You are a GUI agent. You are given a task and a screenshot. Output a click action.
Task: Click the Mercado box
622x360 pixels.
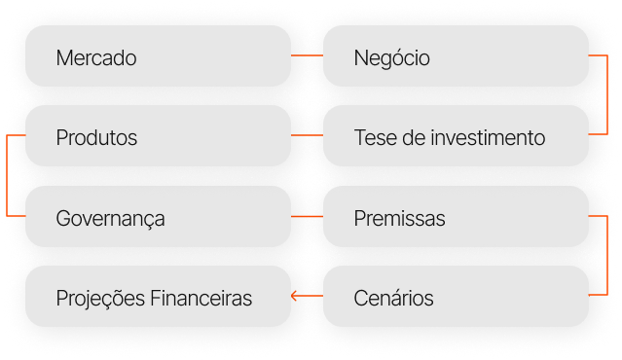click(159, 55)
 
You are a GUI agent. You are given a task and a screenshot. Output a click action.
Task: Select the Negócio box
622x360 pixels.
click(456, 55)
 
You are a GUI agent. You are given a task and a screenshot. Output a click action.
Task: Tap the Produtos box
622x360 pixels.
click(159, 135)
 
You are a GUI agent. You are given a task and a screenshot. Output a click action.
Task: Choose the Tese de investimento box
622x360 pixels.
click(456, 135)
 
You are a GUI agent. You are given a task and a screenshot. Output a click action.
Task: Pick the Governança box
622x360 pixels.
click(159, 216)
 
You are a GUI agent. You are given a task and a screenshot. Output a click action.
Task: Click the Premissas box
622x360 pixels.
click(456, 216)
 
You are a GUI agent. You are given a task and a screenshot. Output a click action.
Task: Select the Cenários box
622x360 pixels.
click(456, 296)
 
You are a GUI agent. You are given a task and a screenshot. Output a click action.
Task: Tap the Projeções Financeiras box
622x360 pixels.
click(159, 296)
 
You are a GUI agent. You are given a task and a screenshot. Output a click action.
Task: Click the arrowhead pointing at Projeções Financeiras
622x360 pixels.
click(294, 296)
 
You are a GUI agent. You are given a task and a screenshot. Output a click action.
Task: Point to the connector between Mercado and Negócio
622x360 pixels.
click(307, 55)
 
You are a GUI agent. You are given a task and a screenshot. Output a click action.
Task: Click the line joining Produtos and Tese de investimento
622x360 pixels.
click(307, 135)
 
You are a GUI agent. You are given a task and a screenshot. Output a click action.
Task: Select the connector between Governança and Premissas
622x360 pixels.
click(307, 216)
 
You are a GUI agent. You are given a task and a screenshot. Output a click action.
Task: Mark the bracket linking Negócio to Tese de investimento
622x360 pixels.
click(607, 95)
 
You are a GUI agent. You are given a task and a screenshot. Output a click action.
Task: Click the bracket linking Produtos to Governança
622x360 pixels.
click(7, 176)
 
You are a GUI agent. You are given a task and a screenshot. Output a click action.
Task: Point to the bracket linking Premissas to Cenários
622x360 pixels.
click(607, 256)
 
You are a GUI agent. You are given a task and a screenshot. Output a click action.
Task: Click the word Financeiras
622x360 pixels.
click(201, 298)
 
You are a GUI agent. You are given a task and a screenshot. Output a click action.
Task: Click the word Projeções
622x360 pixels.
click(100, 299)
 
